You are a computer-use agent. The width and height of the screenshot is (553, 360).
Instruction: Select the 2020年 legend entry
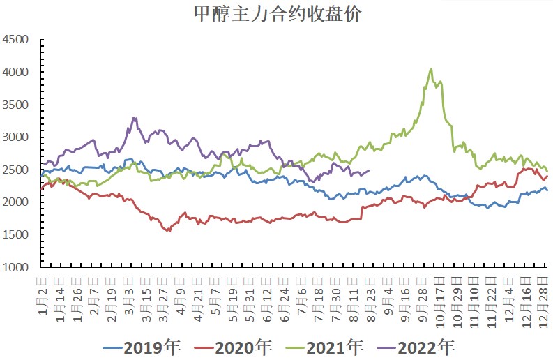point(232,346)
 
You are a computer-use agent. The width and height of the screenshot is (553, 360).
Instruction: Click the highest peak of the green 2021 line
point(431,68)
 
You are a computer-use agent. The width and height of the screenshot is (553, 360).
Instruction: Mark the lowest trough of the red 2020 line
point(169,231)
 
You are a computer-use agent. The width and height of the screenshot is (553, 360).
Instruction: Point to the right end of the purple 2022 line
point(369,170)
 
